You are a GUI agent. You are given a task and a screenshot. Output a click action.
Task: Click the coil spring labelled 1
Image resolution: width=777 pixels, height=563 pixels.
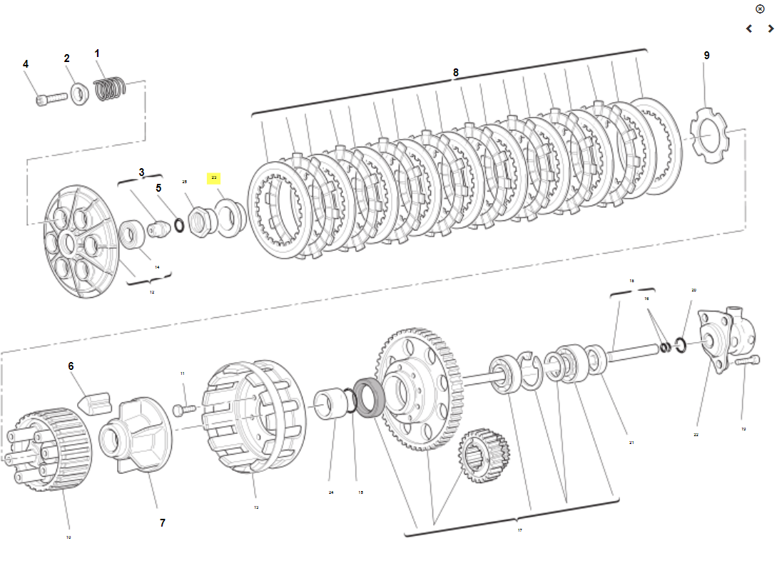[x=111, y=87]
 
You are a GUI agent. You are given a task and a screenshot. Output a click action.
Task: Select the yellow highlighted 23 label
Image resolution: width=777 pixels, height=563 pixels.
[x=214, y=178]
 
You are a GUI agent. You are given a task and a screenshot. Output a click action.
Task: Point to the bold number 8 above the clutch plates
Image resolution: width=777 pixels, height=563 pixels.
[x=456, y=72]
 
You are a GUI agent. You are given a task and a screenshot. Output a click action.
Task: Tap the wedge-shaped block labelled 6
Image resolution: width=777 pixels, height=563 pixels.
[x=98, y=401]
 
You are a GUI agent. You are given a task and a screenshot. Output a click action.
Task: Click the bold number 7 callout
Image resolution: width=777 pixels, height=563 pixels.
[x=162, y=522]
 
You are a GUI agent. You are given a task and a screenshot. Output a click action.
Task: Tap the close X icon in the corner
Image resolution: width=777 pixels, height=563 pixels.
[x=759, y=9]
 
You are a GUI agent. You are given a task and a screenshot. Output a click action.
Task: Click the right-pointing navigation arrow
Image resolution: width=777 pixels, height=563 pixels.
[x=771, y=29]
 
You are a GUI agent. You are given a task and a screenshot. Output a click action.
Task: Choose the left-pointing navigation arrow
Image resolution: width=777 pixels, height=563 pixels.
[x=749, y=29]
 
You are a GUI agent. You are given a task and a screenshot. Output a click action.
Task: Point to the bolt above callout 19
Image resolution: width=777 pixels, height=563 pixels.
[x=744, y=362]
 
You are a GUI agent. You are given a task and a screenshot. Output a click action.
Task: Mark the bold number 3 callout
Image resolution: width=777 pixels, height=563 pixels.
[x=141, y=172]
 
